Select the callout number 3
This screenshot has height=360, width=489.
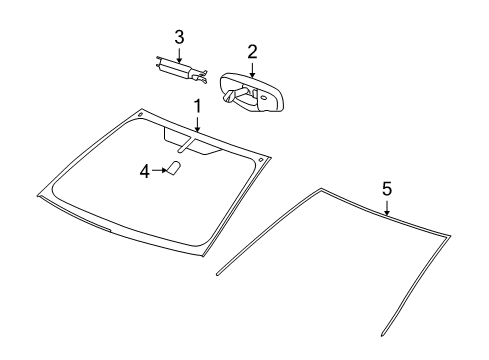point(179,37)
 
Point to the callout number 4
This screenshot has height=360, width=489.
point(144,171)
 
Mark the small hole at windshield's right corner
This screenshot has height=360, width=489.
point(261,159)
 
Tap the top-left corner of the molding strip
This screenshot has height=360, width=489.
point(320,189)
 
